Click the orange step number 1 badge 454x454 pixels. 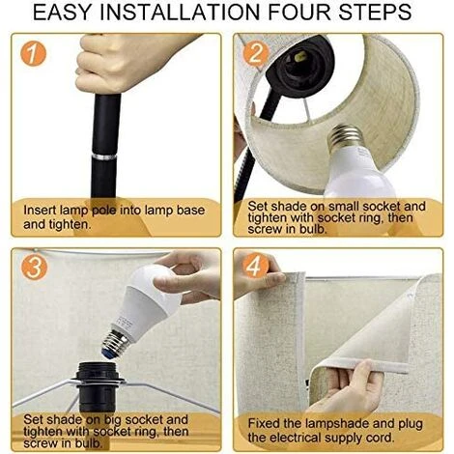coord(33,53)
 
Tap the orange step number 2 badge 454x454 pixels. coord(255,53)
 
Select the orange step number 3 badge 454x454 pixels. coord(34,268)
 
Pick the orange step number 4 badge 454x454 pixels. coord(256,266)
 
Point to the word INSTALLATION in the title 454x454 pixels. coord(181,13)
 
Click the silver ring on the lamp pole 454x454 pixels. coord(104,156)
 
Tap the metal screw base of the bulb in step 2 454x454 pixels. coord(345,136)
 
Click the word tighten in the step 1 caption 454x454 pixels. coord(70,224)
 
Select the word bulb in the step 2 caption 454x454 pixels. coord(314,229)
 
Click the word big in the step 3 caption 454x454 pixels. coord(112,420)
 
